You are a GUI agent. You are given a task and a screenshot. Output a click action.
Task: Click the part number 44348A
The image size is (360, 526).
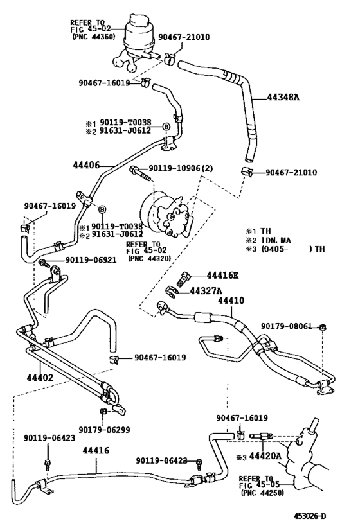coord(283,98)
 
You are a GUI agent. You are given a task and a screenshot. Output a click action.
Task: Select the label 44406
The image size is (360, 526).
coord(86,165)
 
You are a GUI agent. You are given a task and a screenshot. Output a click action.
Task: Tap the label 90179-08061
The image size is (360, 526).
coord(289,327)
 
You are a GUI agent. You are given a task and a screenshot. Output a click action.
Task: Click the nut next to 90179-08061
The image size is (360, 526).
coord(323,328)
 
